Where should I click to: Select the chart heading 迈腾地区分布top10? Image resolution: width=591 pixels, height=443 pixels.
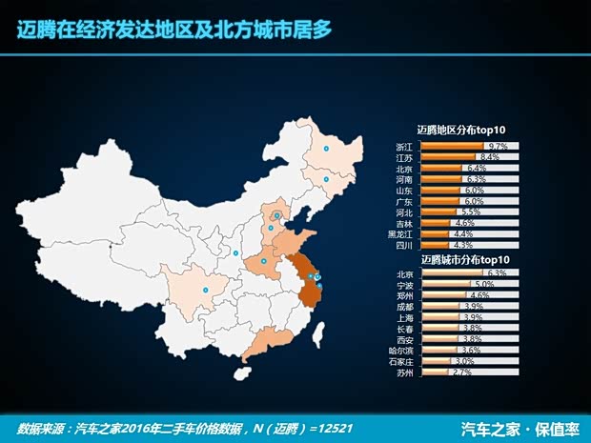click(460, 130)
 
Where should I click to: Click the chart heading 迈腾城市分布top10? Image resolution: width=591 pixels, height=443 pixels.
click(460, 259)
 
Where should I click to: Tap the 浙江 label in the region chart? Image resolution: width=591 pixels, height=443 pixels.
click(404, 147)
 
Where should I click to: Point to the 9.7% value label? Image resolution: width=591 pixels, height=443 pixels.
click(497, 147)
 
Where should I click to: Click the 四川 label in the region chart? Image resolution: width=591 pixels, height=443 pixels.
click(404, 245)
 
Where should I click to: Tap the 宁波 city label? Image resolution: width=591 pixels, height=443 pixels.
click(404, 285)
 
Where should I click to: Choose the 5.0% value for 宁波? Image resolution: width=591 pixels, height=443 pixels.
click(483, 285)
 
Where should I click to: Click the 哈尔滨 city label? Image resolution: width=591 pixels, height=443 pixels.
click(404, 351)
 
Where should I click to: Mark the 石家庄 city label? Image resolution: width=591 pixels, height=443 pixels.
click(404, 361)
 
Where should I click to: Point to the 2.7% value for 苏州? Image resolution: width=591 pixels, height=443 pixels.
click(461, 373)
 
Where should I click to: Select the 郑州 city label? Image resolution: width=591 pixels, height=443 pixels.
click(404, 296)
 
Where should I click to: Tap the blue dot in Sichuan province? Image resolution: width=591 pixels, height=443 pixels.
click(206, 289)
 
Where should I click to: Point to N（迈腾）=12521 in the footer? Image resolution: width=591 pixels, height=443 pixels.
click(314, 427)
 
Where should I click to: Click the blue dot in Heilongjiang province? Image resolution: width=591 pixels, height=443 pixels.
click(326, 151)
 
